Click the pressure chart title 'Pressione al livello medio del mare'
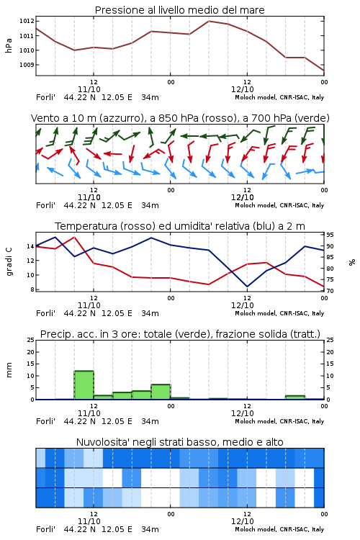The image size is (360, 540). (179, 10)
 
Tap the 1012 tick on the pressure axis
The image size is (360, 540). (27, 21)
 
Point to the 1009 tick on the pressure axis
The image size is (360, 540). (27, 65)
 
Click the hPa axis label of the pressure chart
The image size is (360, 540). (9, 45)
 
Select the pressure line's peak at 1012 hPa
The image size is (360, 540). (209, 21)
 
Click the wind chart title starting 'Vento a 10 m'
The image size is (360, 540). (180, 118)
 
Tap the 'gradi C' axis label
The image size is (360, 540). (9, 262)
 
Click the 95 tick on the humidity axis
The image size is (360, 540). (330, 235)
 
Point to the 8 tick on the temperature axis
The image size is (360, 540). (32, 289)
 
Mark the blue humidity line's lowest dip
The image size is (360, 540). (247, 287)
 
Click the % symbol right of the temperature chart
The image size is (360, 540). (352, 262)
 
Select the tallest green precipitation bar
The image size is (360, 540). (84, 385)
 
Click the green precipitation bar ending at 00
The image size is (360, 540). (161, 392)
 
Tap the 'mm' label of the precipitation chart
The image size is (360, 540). (9, 369)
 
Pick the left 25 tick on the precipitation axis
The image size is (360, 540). (31, 340)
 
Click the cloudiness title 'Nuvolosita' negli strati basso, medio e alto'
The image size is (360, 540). (179, 442)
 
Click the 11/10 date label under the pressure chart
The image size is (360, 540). (89, 89)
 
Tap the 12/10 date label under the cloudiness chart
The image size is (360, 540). (243, 521)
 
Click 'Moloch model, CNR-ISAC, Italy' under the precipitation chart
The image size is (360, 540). (279, 421)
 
